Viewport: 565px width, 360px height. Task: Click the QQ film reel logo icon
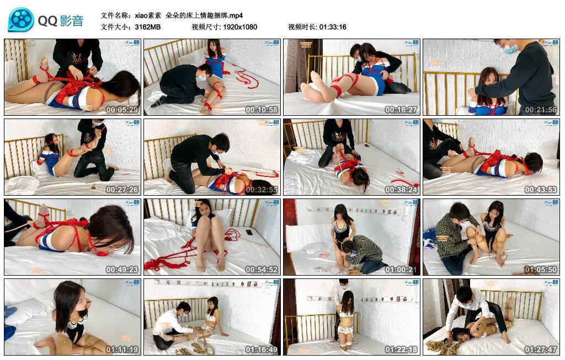20,20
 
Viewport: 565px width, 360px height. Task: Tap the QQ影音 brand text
61,21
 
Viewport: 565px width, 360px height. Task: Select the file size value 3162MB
147,27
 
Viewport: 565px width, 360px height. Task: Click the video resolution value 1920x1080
240,27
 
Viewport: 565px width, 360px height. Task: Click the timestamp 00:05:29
122,110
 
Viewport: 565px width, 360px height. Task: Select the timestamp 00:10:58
262,110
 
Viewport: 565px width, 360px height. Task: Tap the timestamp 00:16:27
402,110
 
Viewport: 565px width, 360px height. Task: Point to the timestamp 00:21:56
541,110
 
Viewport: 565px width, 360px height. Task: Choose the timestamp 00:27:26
122,190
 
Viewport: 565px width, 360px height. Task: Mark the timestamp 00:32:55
262,190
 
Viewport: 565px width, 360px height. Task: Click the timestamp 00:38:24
402,190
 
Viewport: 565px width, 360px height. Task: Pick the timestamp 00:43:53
541,190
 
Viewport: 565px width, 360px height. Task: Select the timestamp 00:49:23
122,270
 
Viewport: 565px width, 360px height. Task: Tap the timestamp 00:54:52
262,270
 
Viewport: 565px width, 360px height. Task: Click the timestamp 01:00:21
402,270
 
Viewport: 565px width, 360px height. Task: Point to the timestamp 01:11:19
122,350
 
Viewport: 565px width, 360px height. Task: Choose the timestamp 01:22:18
402,350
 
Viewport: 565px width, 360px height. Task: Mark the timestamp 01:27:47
541,350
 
